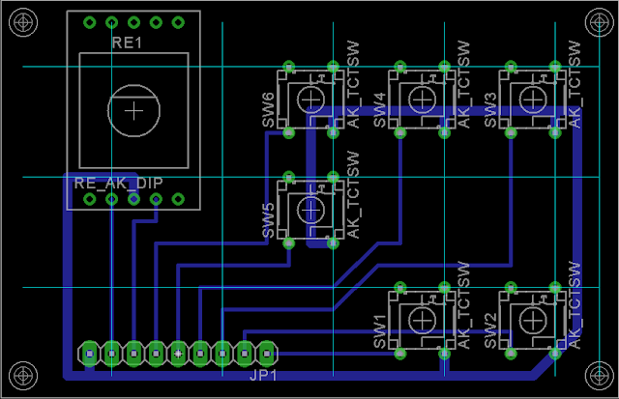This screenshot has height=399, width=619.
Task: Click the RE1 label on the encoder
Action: pyautogui.click(x=127, y=43)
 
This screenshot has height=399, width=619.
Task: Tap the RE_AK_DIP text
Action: pyautogui.click(x=118, y=183)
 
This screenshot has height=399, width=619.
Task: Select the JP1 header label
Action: pyautogui.click(x=263, y=376)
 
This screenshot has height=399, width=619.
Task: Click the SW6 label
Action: pyautogui.click(x=268, y=110)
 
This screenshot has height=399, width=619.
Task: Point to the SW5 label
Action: pyautogui.click(x=268, y=220)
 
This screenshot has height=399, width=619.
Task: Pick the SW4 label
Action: pyautogui.click(x=379, y=110)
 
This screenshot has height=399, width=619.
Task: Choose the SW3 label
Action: pyautogui.click(x=490, y=110)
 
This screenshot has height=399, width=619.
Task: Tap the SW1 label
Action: pyautogui.click(x=379, y=331)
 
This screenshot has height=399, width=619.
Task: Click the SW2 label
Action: pyautogui.click(x=490, y=331)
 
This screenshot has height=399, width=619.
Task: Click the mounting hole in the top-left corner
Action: pyautogui.click(x=23, y=22)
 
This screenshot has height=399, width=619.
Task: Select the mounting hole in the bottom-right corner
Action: pyautogui.click(x=600, y=376)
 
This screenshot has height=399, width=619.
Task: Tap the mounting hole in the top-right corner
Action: pyautogui.click(x=600, y=22)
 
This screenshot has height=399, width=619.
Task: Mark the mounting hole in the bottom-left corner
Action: pyautogui.click(x=23, y=376)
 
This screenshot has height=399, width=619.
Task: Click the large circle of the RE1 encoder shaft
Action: pyautogui.click(x=133, y=85)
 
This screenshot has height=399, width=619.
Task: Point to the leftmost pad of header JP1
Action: pyautogui.click(x=90, y=354)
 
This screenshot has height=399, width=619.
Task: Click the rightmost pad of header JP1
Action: pyautogui.click(x=267, y=354)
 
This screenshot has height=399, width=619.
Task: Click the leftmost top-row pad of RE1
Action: pyautogui.click(x=90, y=22)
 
